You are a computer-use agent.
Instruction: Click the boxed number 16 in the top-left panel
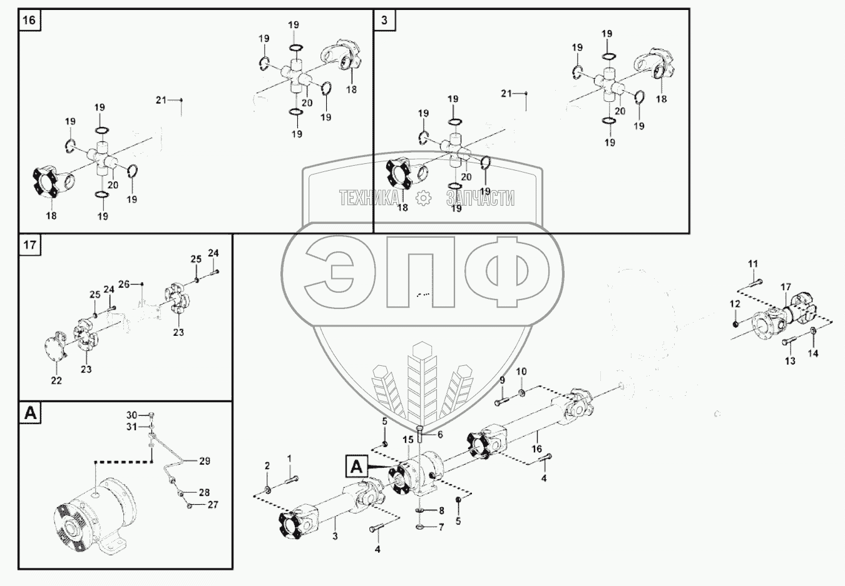pyautogui.click(x=29, y=20)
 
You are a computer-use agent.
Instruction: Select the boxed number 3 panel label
pyautogui.click(x=384, y=20)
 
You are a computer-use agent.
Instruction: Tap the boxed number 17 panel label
pyautogui.click(x=29, y=245)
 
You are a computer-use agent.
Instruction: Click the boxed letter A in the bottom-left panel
pyautogui.click(x=30, y=413)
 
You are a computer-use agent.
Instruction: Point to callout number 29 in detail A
pyautogui.click(x=205, y=461)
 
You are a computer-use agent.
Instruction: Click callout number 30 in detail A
pyautogui.click(x=131, y=415)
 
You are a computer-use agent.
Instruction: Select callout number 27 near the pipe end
pyautogui.click(x=213, y=504)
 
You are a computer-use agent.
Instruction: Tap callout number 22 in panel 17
pyautogui.click(x=56, y=380)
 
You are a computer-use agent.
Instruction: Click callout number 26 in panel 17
pyautogui.click(x=124, y=284)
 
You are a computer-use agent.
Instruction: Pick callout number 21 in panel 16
pyautogui.click(x=161, y=99)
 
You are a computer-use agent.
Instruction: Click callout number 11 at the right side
pyautogui.click(x=753, y=263)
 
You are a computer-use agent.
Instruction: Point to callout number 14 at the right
pyautogui.click(x=812, y=353)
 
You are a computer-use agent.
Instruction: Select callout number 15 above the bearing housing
pyautogui.click(x=408, y=440)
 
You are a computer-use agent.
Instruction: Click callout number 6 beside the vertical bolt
pyautogui.click(x=440, y=434)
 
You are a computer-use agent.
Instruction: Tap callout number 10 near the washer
pyautogui.click(x=521, y=371)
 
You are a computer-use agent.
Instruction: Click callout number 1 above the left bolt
pyautogui.click(x=289, y=458)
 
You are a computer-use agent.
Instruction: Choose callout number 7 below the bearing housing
pyautogui.click(x=441, y=527)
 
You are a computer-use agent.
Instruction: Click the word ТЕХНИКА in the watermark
pyautogui.click(x=369, y=198)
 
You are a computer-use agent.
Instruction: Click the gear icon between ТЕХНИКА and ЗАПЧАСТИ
pyautogui.click(x=424, y=198)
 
